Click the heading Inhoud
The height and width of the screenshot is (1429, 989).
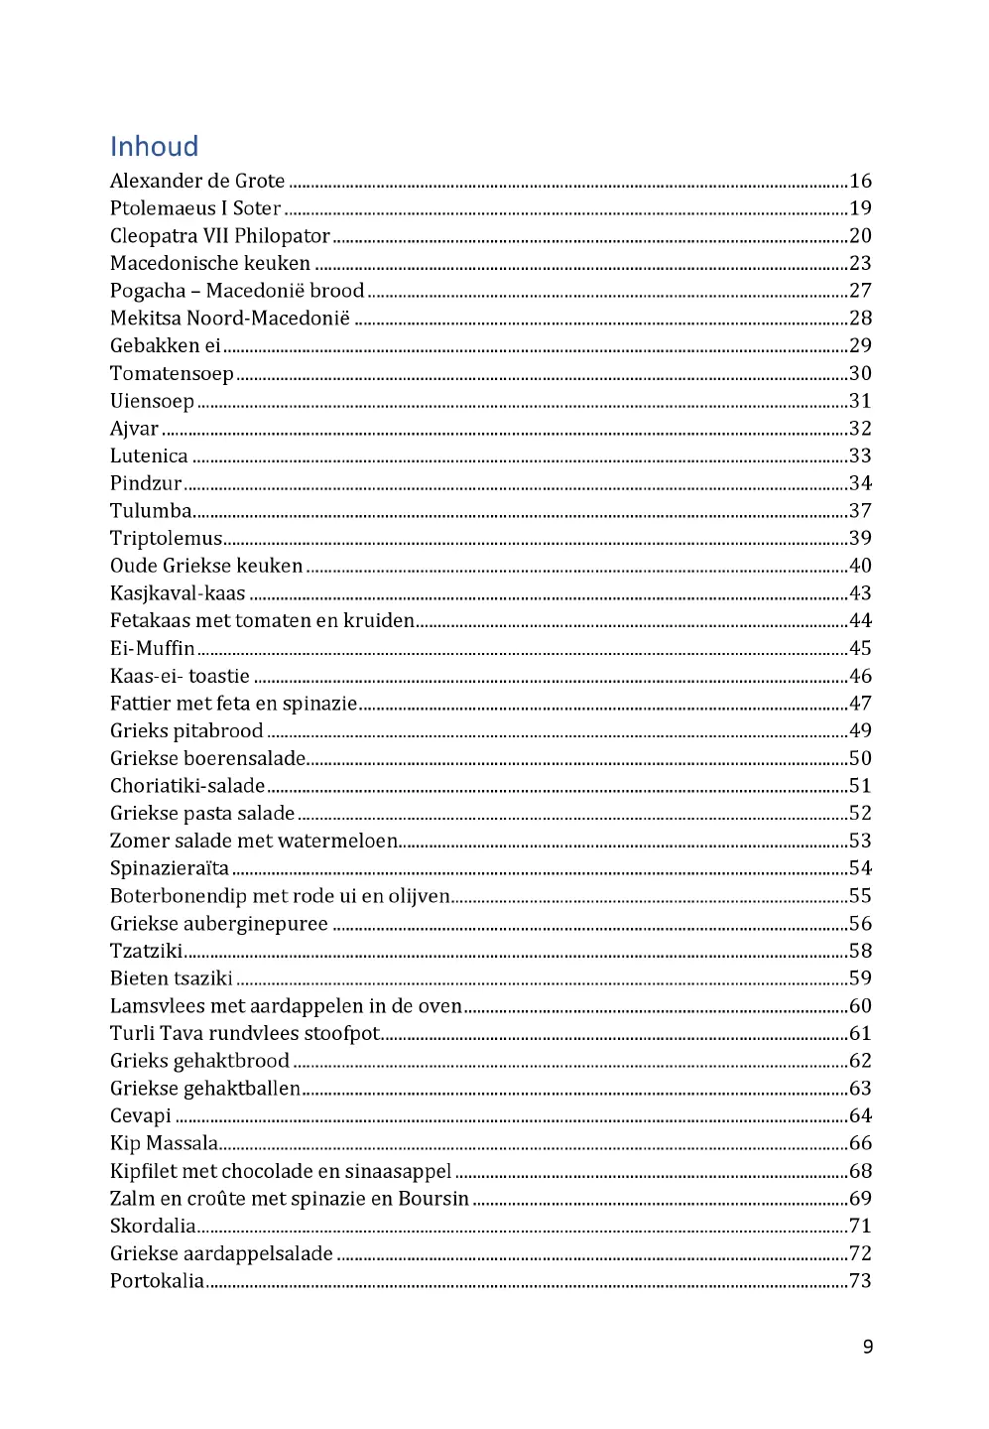(x=154, y=147)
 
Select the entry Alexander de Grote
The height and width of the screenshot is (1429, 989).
(x=197, y=181)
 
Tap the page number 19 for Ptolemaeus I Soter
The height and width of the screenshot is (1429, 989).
(x=860, y=208)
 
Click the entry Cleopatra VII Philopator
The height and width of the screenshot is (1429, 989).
(x=219, y=236)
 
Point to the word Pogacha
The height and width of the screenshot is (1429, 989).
(x=148, y=291)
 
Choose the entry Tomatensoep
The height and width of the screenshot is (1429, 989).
(x=172, y=373)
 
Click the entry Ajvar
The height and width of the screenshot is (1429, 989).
(x=134, y=429)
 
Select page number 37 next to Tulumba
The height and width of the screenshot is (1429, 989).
(x=860, y=511)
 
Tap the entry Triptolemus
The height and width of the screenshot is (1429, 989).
(x=166, y=538)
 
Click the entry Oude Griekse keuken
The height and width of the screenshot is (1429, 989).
(x=206, y=566)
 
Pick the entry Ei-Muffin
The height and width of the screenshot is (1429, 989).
(x=152, y=648)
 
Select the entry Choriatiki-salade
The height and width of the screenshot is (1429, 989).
(x=187, y=786)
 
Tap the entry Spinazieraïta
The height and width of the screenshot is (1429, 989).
(x=170, y=868)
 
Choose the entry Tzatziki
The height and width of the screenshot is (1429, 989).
(x=146, y=951)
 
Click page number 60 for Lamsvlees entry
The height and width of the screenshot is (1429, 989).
(x=860, y=1006)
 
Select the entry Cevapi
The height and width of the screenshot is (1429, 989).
(x=140, y=1115)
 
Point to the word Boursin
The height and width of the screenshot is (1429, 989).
(x=433, y=1199)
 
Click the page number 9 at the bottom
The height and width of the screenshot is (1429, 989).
(x=868, y=1347)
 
